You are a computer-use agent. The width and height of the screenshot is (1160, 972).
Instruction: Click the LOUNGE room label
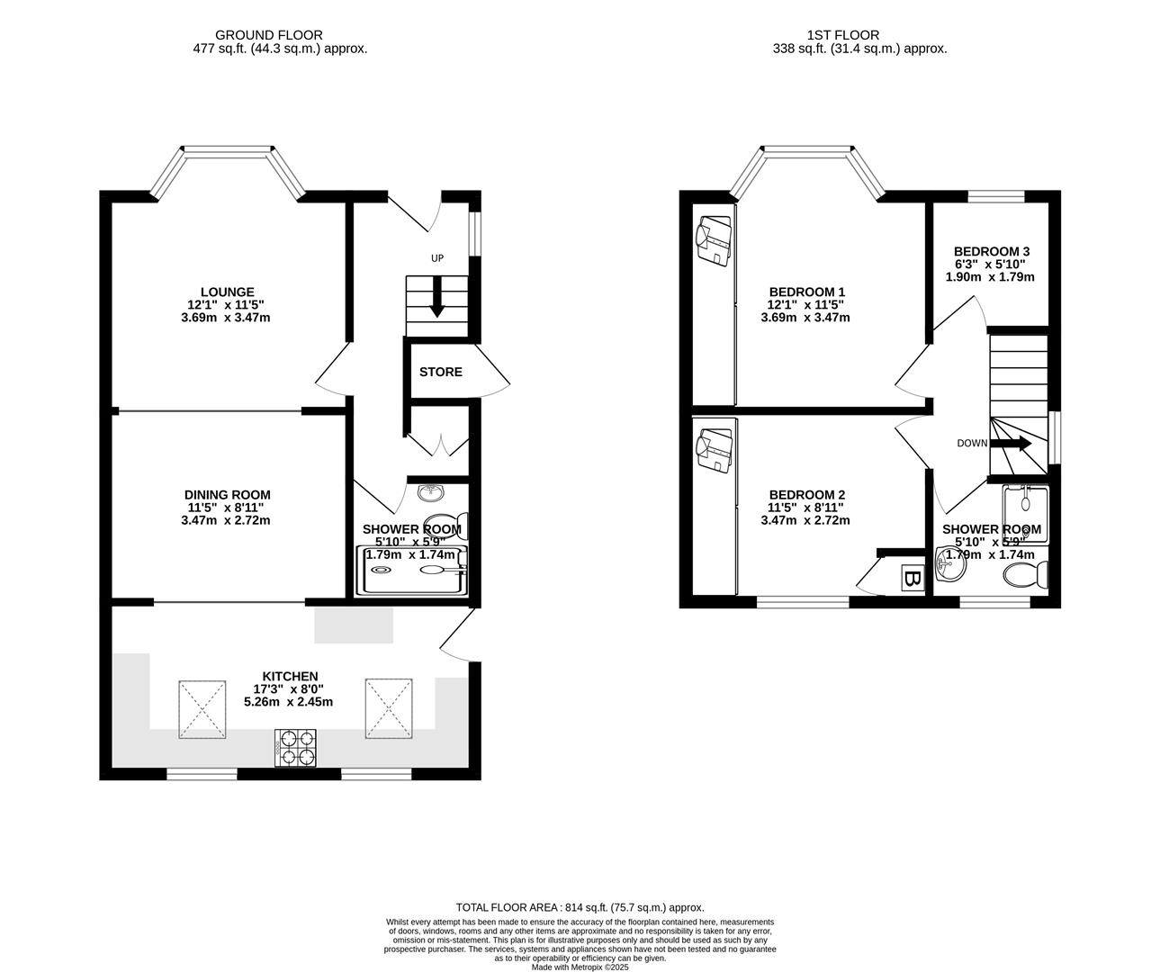pos(227,292)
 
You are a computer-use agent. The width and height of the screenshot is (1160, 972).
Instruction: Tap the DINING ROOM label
pos(227,494)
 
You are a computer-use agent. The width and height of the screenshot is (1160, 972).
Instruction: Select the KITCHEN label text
pos(290,676)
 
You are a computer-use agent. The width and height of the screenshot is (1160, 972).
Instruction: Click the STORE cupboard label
pos(441,372)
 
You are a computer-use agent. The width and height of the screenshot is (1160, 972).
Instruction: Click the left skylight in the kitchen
pos(202,709)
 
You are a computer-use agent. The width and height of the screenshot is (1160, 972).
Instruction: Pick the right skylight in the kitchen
pos(389,709)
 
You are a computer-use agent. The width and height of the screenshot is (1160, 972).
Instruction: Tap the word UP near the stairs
pos(437,258)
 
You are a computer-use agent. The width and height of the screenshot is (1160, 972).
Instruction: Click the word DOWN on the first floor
pos(972,443)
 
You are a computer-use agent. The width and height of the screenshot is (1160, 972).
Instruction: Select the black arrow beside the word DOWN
pos(1012,443)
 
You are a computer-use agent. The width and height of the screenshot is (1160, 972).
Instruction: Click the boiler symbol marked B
pos(912,580)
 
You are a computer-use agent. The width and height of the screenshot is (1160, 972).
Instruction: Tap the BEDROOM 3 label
pos(992,251)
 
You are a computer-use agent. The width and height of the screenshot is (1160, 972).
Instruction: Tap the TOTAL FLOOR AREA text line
pos(580,907)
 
